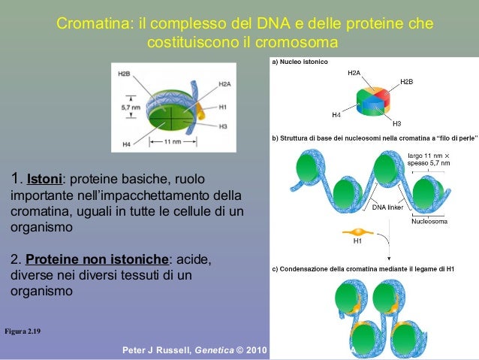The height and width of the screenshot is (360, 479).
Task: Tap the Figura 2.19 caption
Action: (23, 331)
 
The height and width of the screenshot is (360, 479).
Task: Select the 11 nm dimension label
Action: (172, 141)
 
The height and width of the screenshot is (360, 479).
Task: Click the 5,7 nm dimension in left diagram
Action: (130, 108)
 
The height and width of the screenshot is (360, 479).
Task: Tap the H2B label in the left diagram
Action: (125, 74)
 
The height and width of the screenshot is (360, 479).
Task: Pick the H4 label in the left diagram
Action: (125, 144)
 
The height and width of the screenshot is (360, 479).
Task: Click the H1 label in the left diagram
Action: (223, 107)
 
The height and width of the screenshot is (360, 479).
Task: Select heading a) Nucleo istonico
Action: (300, 61)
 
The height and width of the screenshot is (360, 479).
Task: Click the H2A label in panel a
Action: (354, 73)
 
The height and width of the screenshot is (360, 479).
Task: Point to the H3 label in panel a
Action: (396, 123)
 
